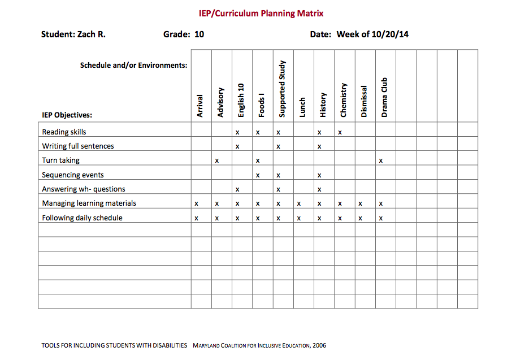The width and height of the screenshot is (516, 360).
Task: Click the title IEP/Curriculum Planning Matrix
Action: (x=261, y=13)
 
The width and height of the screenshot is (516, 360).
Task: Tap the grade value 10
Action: (x=199, y=34)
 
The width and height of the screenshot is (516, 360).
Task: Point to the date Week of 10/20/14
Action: (x=372, y=34)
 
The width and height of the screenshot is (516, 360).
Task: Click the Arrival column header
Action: (x=200, y=106)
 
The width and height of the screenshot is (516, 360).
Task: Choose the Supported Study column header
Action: (x=283, y=89)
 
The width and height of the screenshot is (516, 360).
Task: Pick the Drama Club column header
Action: (x=384, y=97)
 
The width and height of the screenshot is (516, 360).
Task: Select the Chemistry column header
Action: (x=344, y=100)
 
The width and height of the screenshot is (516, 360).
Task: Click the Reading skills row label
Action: (x=64, y=132)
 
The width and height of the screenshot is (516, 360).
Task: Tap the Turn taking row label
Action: (x=60, y=161)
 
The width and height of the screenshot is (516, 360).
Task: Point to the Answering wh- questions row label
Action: (x=84, y=189)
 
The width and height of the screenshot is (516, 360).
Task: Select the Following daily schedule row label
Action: (x=82, y=218)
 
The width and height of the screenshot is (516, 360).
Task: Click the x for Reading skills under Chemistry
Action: (x=340, y=132)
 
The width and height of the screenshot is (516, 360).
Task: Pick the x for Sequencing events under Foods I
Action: (x=258, y=175)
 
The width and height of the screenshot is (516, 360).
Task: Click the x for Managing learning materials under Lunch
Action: (x=298, y=203)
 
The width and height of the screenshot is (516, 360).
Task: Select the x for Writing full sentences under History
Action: (x=319, y=146)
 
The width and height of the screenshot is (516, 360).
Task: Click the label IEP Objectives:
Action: (x=67, y=115)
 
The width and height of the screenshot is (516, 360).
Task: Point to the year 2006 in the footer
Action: (x=319, y=345)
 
